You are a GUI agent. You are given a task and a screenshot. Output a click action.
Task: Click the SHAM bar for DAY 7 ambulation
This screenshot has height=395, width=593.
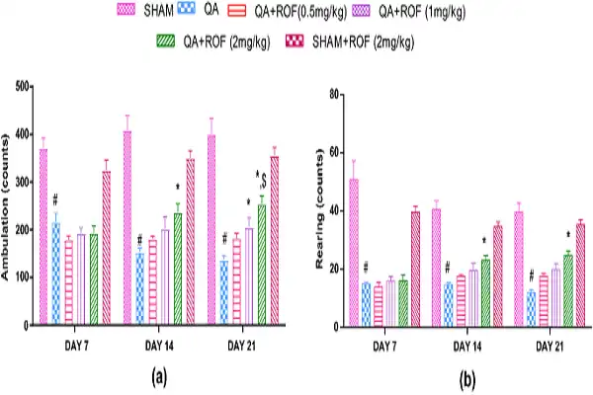tap(42, 237)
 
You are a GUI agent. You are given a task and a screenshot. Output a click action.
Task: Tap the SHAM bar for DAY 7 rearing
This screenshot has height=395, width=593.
tap(354, 253)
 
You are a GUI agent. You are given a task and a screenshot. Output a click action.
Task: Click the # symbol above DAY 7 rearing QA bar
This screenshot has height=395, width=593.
tap(366, 267)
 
